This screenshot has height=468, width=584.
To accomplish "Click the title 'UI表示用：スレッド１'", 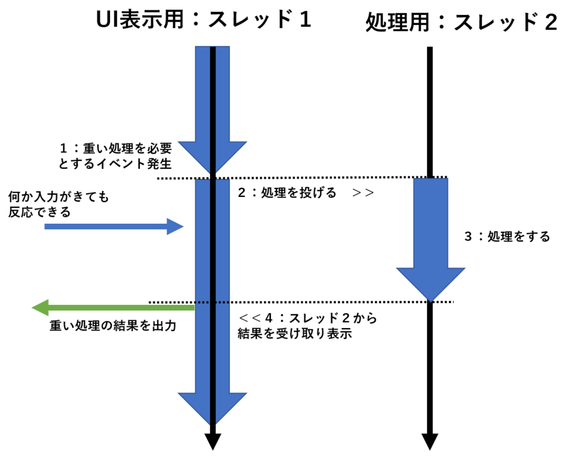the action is click(x=204, y=19).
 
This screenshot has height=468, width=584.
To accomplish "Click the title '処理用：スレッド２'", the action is click(x=461, y=22).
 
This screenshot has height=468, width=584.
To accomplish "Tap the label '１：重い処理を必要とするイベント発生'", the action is click(x=115, y=156).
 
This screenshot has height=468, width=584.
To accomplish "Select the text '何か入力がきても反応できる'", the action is click(x=59, y=204).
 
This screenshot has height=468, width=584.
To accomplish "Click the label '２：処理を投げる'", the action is click(x=287, y=193).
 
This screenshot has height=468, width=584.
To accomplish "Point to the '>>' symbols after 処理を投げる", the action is click(x=363, y=193).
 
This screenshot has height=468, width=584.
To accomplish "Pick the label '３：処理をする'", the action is click(x=507, y=237).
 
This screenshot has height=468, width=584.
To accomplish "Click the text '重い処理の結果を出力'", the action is click(x=113, y=326).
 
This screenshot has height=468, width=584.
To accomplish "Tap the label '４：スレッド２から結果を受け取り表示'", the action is click(x=307, y=326).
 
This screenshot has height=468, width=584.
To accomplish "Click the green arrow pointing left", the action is click(x=113, y=308).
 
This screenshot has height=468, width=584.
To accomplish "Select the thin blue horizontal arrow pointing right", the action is click(x=114, y=227).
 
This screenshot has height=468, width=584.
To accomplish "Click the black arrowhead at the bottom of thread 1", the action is click(x=213, y=442).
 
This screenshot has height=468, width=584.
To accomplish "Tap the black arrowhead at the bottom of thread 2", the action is click(x=430, y=442).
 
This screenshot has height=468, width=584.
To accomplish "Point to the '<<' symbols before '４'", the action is click(x=250, y=318).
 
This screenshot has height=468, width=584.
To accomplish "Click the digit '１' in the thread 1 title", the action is click(x=306, y=19).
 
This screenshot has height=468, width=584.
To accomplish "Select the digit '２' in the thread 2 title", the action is click(x=551, y=22).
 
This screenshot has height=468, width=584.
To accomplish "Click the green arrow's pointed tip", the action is click(x=33, y=308).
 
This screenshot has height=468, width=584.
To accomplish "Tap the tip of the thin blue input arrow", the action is click(x=184, y=227).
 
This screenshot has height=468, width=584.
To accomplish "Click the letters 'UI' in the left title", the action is click(x=107, y=19).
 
